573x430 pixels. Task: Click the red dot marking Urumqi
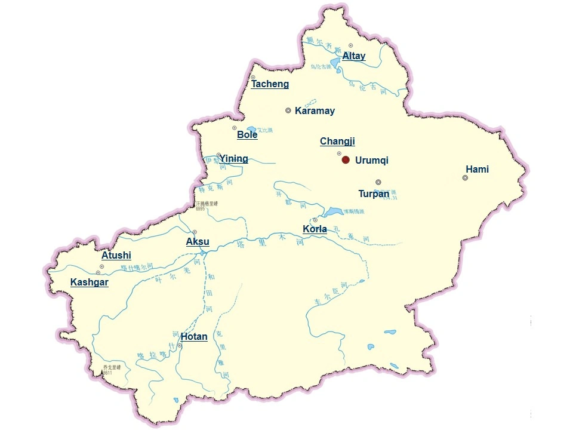345,159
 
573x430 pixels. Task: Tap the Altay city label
353,56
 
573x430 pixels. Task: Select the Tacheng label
270,84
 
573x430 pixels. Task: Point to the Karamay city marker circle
288,110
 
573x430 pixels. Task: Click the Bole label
247,135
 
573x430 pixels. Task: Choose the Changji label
337,142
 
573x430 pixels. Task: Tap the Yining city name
233,159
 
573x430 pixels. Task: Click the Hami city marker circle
465,177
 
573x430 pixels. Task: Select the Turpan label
374,193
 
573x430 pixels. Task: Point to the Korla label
315,229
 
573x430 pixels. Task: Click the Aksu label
198,242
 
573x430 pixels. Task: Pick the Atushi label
116,256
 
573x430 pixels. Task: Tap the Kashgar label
90,282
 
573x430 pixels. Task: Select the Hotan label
194,337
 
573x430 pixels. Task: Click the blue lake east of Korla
332,212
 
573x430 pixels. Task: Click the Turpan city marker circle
378,182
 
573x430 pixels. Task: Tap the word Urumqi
371,161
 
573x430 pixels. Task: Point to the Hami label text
477,170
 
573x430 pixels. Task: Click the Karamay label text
315,111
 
